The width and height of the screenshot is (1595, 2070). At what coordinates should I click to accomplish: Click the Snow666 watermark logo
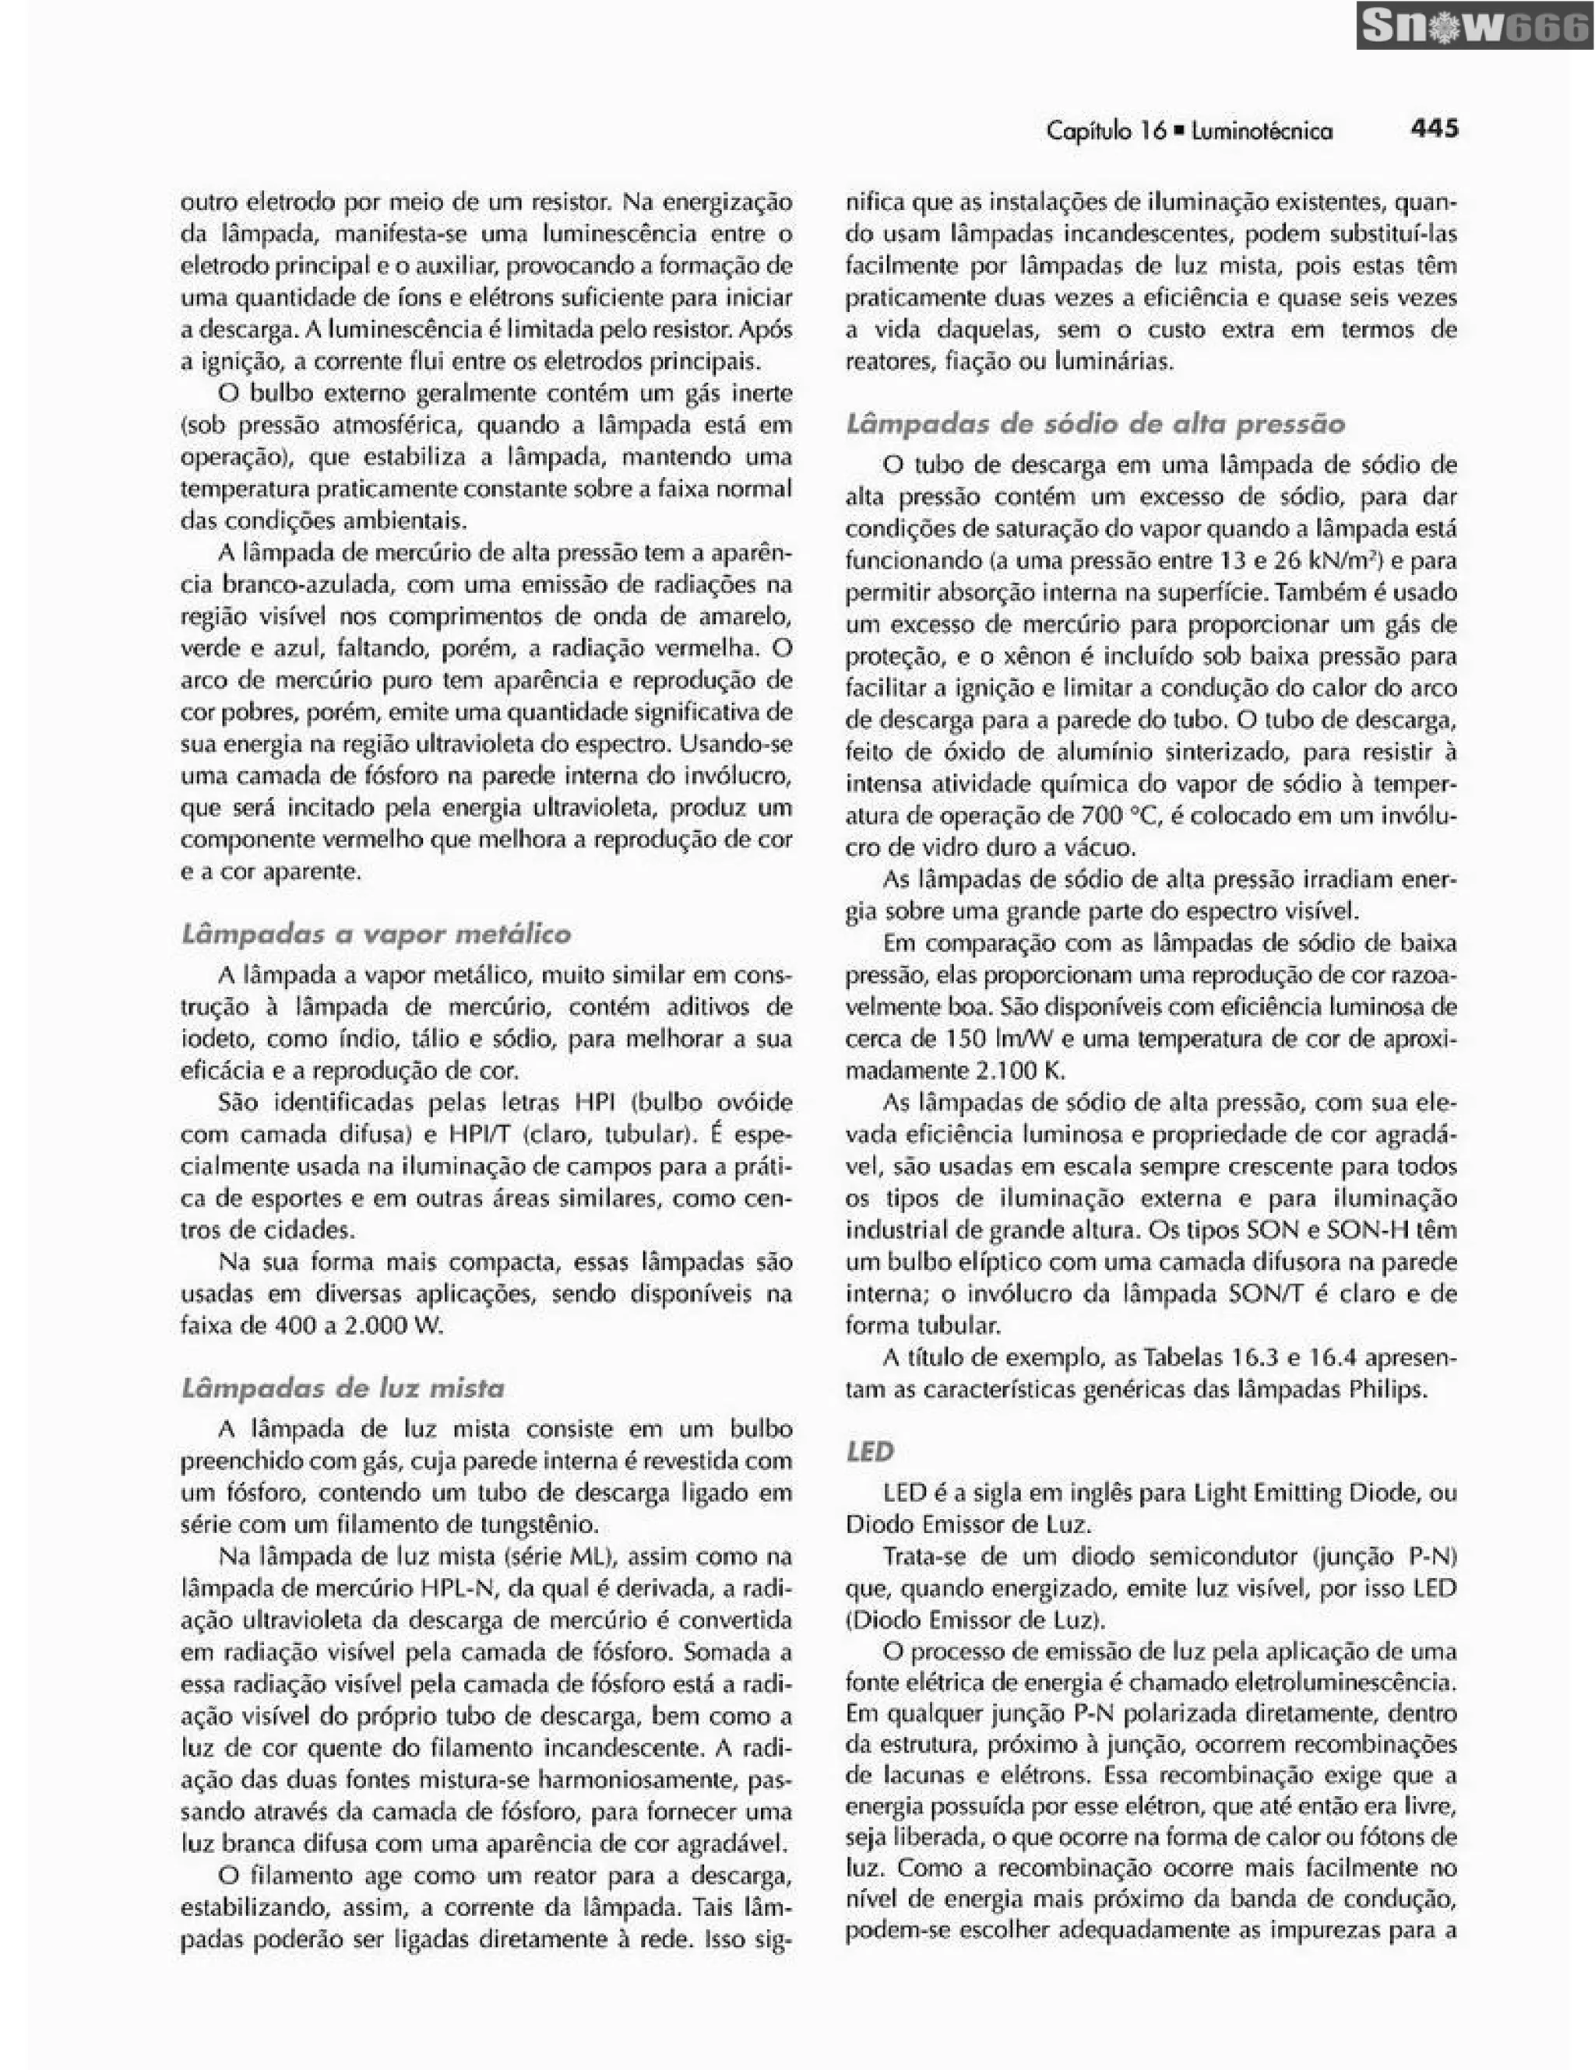tap(1474, 26)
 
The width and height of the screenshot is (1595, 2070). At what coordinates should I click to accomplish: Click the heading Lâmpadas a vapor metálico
tap(375, 934)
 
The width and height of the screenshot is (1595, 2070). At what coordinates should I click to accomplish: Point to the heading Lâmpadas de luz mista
tap(343, 1388)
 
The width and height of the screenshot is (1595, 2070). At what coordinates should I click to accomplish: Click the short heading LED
tap(870, 1452)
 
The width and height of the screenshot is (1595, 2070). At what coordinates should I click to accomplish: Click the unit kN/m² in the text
tap(1338, 560)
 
